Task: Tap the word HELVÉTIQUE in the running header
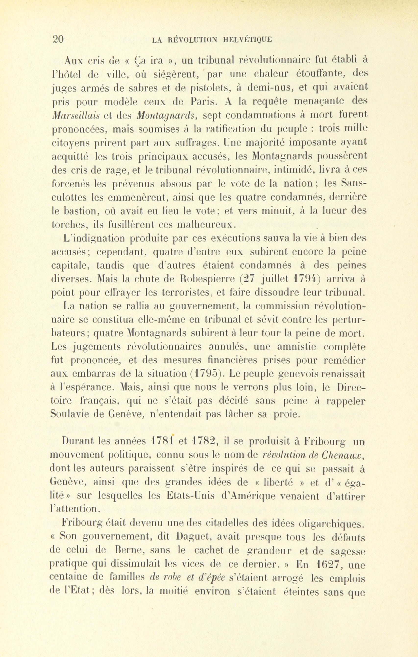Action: pos(248,40)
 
